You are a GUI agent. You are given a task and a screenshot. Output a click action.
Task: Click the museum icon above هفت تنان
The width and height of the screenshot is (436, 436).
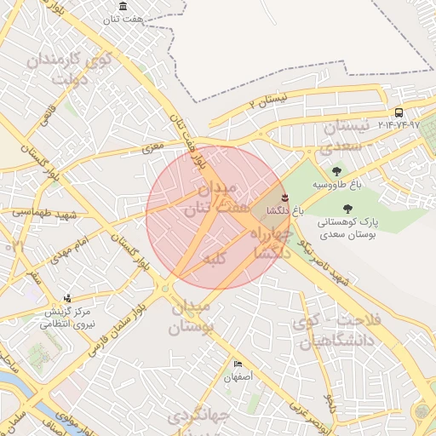(124, 7)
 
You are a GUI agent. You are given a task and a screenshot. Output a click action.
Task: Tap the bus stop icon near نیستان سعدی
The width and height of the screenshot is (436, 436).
(399, 112)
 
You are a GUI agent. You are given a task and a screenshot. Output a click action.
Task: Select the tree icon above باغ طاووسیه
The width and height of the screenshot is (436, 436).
(337, 171)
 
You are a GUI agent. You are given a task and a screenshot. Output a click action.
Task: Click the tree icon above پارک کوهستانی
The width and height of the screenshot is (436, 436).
(347, 208)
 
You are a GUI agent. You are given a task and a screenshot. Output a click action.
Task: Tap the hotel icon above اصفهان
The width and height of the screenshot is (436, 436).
(237, 364)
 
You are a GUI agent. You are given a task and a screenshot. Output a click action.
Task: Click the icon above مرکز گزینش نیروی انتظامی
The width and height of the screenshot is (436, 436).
(67, 298)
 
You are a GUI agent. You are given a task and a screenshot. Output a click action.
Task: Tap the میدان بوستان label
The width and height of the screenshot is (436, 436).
(192, 316)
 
